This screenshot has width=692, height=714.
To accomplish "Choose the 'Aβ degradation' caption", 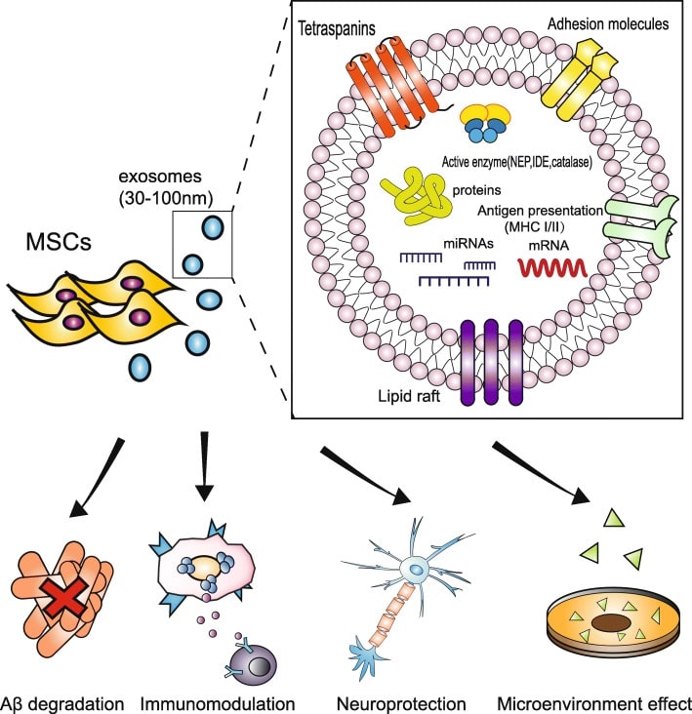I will coord(62,701).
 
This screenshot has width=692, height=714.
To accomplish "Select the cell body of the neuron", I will coord(417,570).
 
